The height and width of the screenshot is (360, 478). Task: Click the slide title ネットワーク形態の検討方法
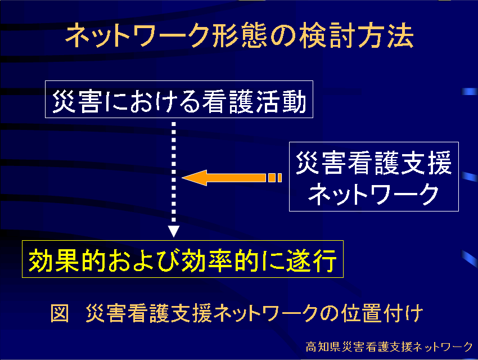240,36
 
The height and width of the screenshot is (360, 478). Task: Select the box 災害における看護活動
179,100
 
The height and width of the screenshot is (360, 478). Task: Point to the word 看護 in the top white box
228,101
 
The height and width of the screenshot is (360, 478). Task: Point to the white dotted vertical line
174,172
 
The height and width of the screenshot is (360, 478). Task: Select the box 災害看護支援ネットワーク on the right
374,177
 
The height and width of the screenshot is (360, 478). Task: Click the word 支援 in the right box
426,163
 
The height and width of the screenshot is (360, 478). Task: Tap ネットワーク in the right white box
374,194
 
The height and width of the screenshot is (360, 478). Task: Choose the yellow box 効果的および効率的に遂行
183,259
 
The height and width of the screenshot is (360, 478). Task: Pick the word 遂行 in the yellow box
311,260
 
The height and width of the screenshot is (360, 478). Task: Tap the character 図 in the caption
60,313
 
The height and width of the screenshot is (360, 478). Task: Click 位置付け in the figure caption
382,313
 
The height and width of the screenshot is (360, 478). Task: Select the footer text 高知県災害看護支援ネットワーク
389,346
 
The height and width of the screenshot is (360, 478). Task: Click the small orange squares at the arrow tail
274,178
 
